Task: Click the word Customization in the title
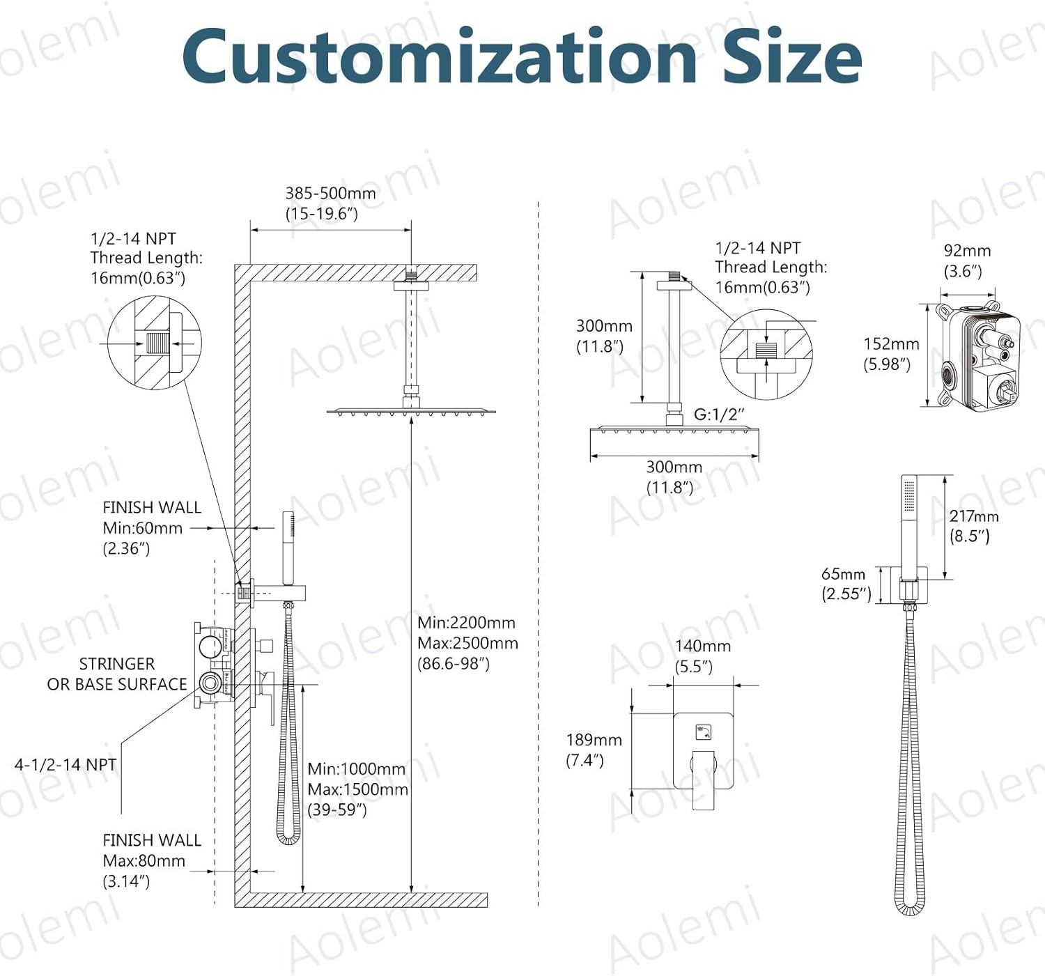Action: click(x=439, y=57)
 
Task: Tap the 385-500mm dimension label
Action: click(x=330, y=194)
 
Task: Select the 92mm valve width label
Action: click(x=966, y=251)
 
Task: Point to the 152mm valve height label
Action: click(x=891, y=344)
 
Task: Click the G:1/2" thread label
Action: click(x=719, y=415)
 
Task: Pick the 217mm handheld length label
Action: click(x=973, y=517)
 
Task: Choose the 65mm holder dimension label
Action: click(x=843, y=575)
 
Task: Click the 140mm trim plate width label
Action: click(x=702, y=646)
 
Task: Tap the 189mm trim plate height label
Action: click(x=594, y=740)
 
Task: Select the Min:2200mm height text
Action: click(x=466, y=623)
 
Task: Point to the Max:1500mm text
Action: click(x=357, y=789)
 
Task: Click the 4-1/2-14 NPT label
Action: click(x=65, y=765)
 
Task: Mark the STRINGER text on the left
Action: click(x=116, y=664)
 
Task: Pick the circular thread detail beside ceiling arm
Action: click(x=766, y=354)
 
